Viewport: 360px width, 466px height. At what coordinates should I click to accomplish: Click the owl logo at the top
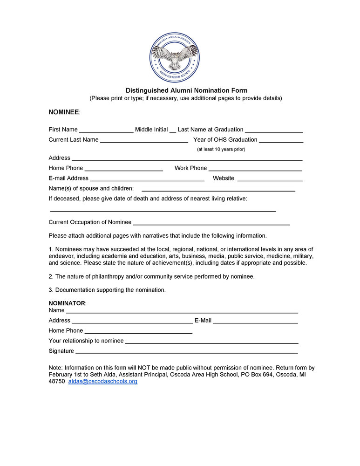tap(175, 58)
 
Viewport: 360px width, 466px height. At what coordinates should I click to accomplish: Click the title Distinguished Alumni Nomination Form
tap(186, 90)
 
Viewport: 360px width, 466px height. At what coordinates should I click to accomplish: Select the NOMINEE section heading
tap(64, 112)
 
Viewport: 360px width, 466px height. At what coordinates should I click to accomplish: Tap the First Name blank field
tap(106, 130)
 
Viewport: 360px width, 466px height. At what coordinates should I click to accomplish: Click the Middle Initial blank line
tap(173, 130)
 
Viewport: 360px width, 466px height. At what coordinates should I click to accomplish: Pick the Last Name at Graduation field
tap(274, 130)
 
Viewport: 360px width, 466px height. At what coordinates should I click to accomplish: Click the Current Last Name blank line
tap(144, 140)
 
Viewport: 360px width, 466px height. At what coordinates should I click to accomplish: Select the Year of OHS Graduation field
tap(281, 140)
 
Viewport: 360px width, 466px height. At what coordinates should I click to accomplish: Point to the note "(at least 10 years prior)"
tap(221, 149)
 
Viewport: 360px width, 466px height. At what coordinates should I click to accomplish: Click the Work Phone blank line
tap(255, 169)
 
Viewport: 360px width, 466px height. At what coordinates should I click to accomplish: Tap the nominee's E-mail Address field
tap(147, 179)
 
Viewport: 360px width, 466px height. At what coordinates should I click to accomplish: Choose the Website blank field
tap(270, 179)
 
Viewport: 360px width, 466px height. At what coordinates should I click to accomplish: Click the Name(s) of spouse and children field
tap(218, 189)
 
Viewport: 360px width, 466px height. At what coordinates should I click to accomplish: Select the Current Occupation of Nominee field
tap(211, 223)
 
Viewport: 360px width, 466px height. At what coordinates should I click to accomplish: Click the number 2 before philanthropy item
tap(50, 276)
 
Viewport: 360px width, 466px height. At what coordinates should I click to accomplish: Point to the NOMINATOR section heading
tap(67, 303)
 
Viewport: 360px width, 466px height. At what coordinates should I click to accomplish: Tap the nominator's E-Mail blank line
tap(255, 321)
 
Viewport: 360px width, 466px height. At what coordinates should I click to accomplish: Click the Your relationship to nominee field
tap(211, 342)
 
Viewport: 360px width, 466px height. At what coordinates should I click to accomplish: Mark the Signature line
tap(186, 352)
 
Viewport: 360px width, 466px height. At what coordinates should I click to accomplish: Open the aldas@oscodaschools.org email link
tap(103, 381)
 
